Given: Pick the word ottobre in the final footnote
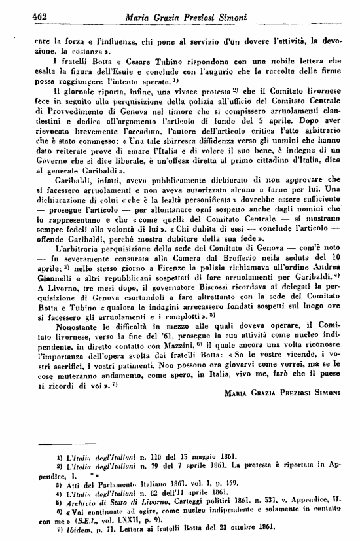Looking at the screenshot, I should [x=248, y=528].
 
